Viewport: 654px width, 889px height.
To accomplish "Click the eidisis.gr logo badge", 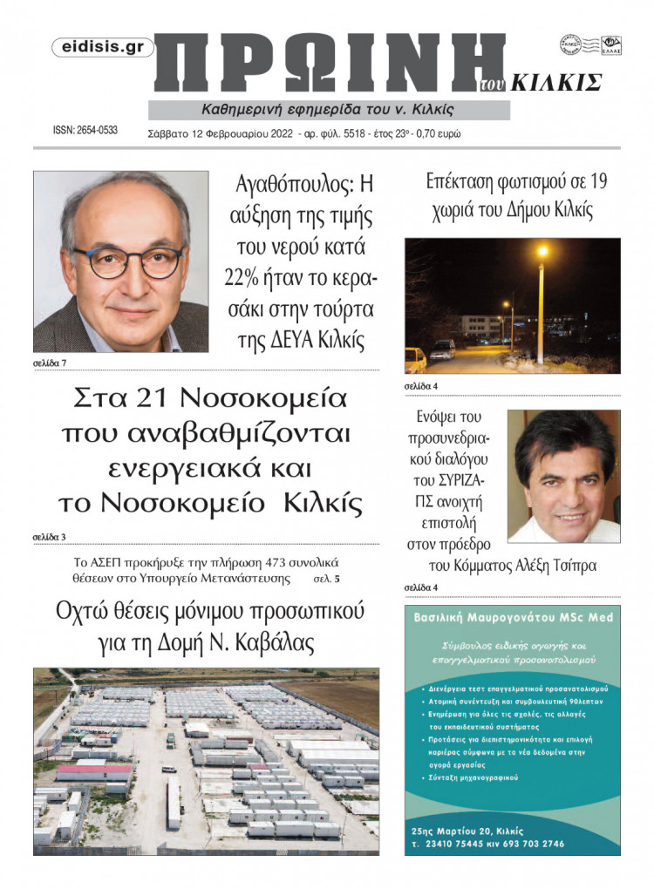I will tap(103, 48).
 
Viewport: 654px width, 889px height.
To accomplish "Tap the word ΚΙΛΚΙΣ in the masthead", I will tap(555, 83).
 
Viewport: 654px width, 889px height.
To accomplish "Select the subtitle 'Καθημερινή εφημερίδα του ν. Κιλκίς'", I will tap(328, 110).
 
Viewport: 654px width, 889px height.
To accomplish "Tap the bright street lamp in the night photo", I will tap(542, 252).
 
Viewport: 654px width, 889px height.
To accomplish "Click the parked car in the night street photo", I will tap(442, 349).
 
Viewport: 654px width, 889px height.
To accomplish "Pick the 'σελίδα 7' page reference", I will tap(51, 362).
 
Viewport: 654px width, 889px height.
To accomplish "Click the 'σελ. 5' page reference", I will tap(326, 578).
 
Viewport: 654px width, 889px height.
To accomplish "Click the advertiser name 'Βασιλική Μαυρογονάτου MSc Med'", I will tap(513, 617).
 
